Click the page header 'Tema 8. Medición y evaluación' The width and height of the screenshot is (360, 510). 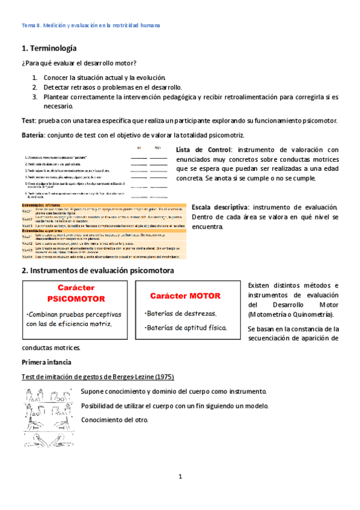coord(90,26)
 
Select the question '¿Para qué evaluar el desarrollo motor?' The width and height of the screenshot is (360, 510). coord(78,64)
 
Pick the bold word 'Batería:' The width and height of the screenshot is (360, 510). coord(33,135)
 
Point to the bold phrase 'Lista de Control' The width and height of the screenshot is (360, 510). coord(204,150)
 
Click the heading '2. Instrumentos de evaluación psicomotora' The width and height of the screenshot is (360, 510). coord(97,271)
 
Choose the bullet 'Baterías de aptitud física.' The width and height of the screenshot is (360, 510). coord(187,328)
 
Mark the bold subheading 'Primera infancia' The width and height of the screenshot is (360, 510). coord(46,362)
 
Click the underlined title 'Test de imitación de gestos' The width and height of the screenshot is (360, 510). coord(98,377)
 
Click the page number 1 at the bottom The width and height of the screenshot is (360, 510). coord(180,476)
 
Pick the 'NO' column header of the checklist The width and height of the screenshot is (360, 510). coord(158,147)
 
